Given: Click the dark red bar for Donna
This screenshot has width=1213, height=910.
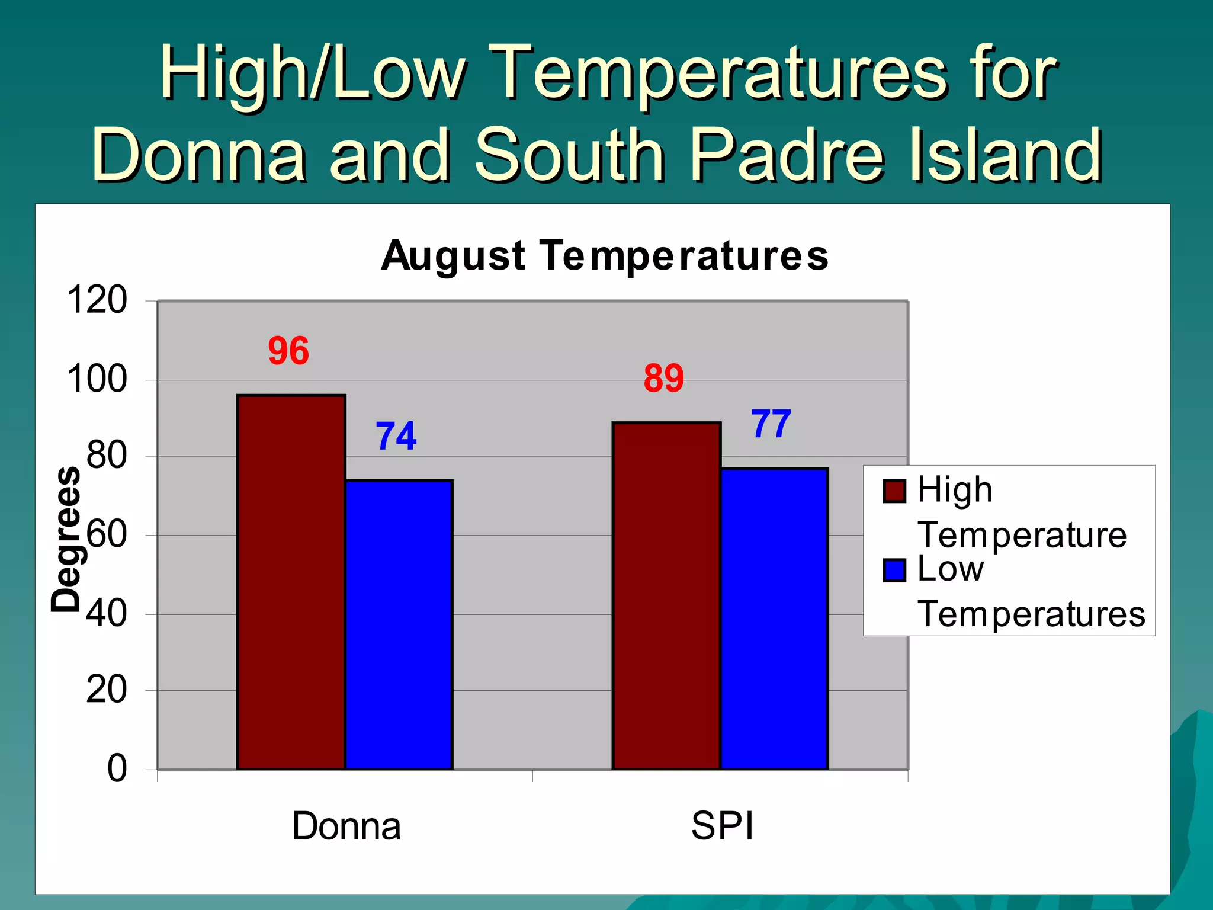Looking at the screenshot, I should (x=291, y=582).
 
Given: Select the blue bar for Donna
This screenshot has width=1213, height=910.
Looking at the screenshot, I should (x=399, y=624).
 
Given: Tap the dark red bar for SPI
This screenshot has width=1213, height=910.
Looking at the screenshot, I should (x=666, y=595).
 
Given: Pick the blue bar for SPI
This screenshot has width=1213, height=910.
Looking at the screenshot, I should (x=774, y=619).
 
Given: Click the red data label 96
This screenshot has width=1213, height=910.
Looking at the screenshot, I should (x=288, y=351).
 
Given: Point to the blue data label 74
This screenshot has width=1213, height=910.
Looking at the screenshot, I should (x=396, y=437).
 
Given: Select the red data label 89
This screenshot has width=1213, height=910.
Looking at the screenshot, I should (x=663, y=379).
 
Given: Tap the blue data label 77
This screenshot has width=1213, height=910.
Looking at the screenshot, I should (x=771, y=424).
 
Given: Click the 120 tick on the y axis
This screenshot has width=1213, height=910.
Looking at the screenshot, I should (x=97, y=300).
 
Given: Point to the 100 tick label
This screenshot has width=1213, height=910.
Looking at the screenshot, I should (x=97, y=379).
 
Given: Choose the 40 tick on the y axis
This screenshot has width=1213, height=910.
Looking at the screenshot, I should (x=107, y=613).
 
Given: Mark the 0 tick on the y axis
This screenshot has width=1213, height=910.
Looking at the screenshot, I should (x=117, y=768).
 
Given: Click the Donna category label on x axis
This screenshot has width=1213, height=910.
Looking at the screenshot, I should (x=346, y=826).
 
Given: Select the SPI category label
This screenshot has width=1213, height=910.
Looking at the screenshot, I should (x=722, y=826).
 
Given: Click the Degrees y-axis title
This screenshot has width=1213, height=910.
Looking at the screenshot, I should (x=66, y=539).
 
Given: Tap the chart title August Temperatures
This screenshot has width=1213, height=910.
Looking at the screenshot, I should (x=605, y=256).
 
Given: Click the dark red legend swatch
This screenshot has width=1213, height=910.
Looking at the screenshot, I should (x=894, y=491).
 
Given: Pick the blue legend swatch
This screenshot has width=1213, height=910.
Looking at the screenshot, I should (x=894, y=571).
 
